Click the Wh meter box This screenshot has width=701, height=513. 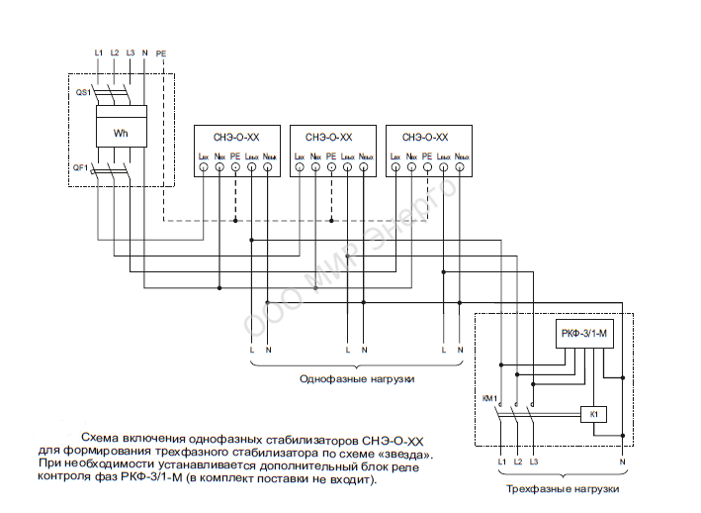(x=121, y=134)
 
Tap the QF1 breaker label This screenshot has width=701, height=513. (x=81, y=167)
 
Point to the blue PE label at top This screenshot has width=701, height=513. (x=161, y=52)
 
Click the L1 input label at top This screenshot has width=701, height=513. (x=99, y=52)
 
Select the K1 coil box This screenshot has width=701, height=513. (x=593, y=414)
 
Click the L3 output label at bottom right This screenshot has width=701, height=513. (x=533, y=462)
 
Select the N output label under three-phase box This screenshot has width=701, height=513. (x=622, y=462)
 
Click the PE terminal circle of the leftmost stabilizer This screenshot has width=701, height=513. (x=235, y=169)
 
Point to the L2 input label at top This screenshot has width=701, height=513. (x=115, y=52)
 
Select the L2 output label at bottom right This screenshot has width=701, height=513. (x=517, y=462)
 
